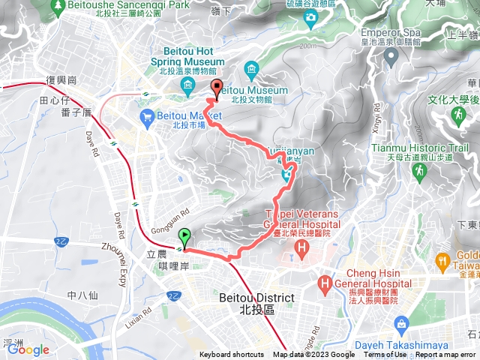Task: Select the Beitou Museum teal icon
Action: tap(250, 71)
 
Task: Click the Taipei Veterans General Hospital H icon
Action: tap(301, 247)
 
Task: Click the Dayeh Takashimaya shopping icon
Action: tap(402, 322)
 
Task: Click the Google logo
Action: tap(28, 349)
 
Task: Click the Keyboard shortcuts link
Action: tap(232, 355)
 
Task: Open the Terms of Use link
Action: tap(385, 355)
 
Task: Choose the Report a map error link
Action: tap(446, 355)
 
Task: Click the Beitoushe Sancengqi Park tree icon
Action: tap(58, 6)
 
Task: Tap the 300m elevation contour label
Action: tap(308, 46)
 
